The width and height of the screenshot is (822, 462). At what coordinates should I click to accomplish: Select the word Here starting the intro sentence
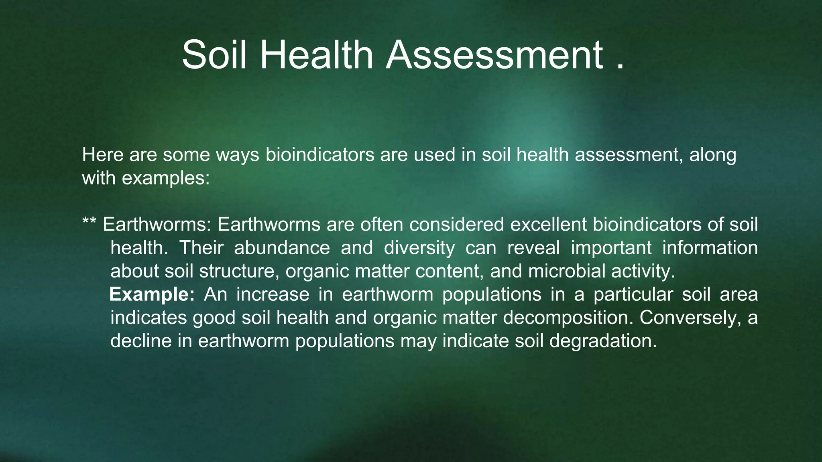point(102,155)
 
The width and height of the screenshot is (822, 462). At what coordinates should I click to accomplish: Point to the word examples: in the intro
point(165,178)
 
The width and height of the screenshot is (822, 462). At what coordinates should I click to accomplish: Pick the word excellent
point(548,225)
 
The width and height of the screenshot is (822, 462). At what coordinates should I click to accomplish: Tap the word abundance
point(282,248)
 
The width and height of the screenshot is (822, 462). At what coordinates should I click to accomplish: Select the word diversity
point(419,248)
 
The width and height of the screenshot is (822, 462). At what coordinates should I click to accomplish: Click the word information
point(710,248)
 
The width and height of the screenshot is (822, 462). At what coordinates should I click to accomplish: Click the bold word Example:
point(152,294)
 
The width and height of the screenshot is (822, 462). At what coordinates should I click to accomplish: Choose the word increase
point(273,294)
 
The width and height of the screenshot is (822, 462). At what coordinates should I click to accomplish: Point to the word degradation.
point(603,341)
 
